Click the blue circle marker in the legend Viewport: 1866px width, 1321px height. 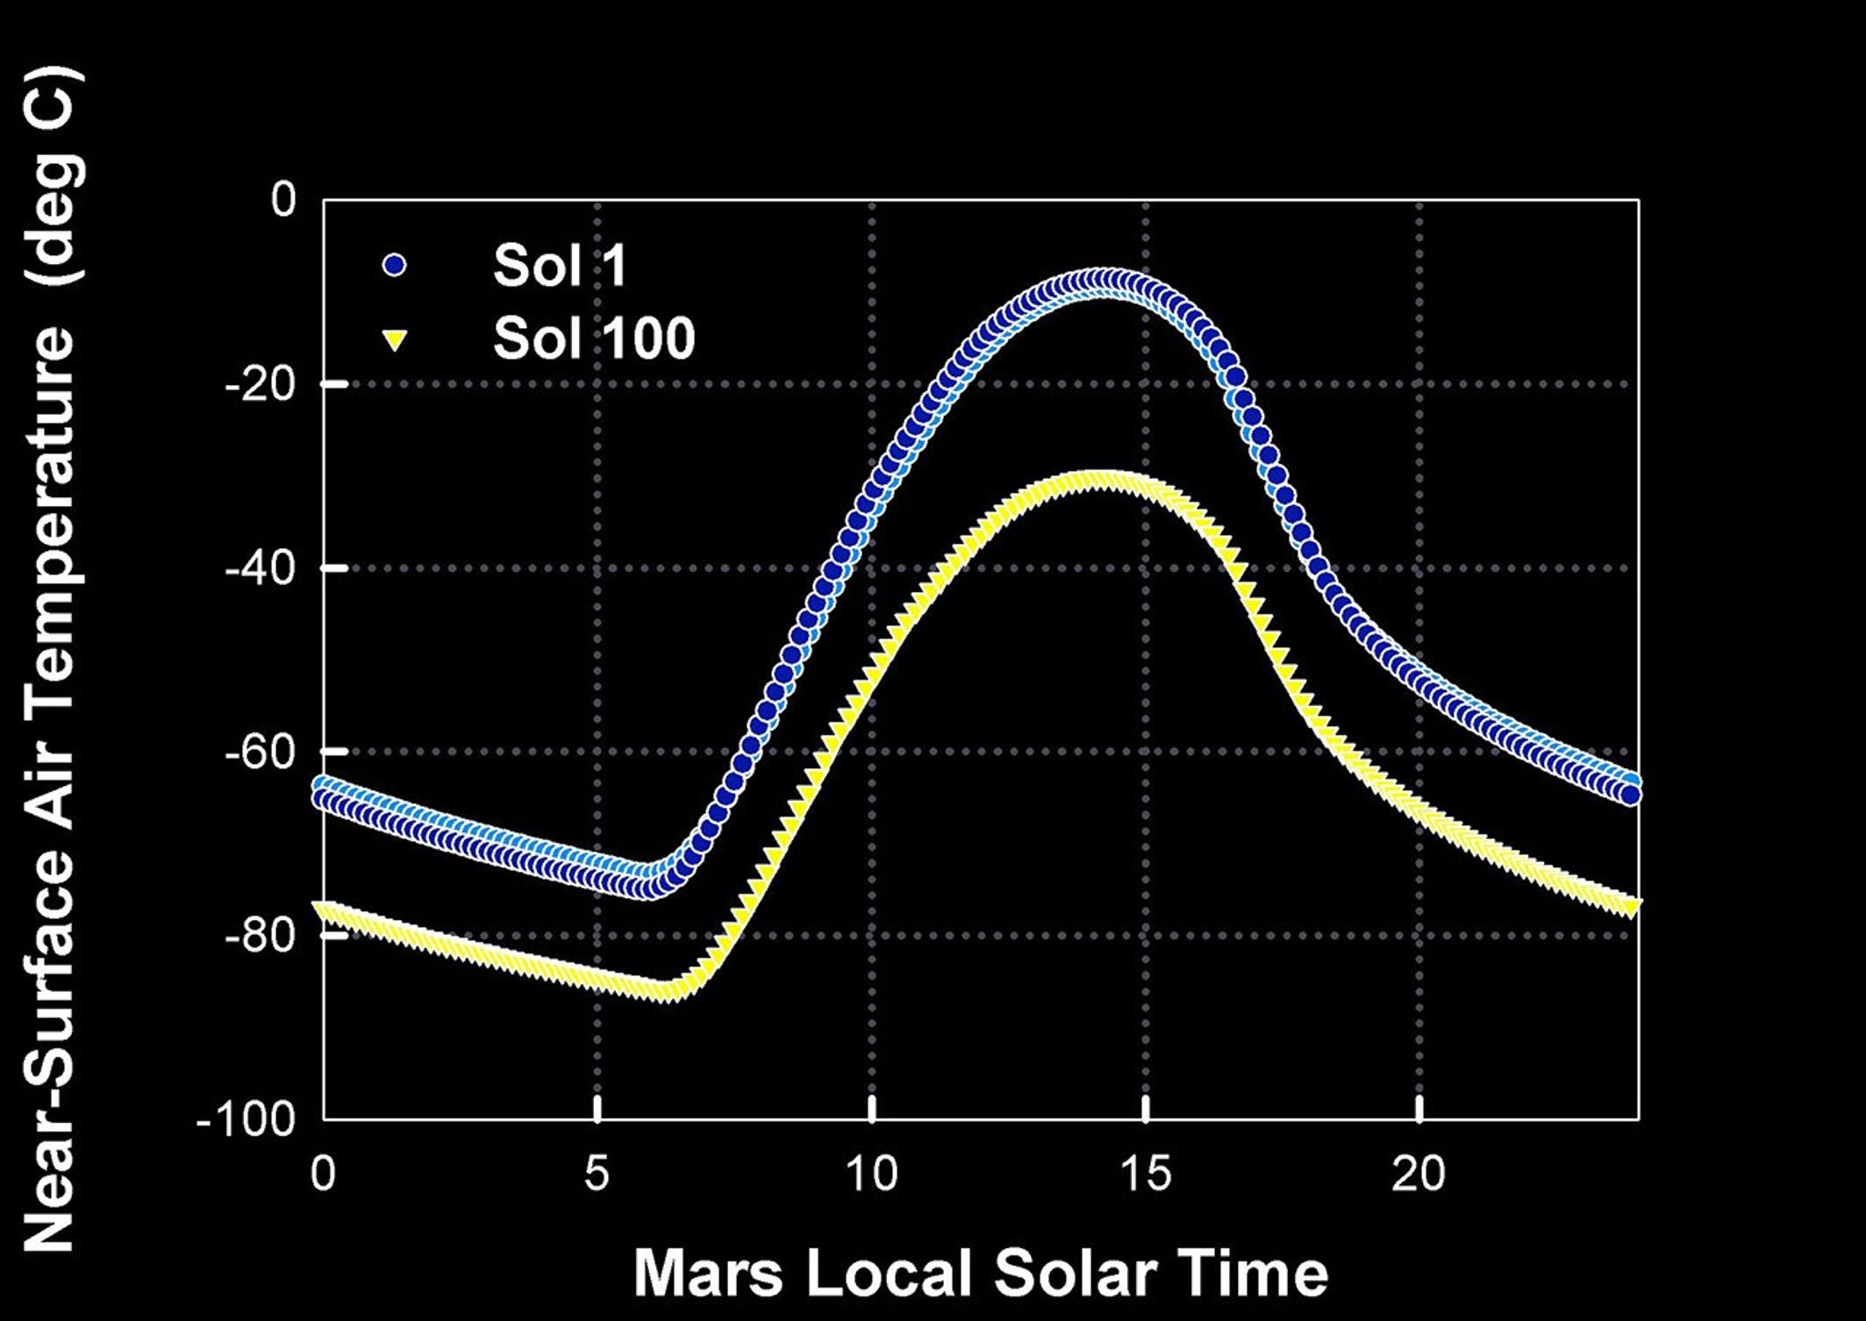tap(395, 264)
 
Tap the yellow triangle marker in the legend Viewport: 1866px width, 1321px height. tap(395, 339)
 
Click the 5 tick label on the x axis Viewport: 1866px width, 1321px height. tap(597, 1173)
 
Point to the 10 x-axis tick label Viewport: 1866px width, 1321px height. tap(871, 1173)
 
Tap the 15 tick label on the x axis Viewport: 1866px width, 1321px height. tap(1146, 1173)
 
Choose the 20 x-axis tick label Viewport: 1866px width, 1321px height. tap(1419, 1173)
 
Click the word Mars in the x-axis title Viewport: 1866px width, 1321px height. tap(708, 1273)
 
